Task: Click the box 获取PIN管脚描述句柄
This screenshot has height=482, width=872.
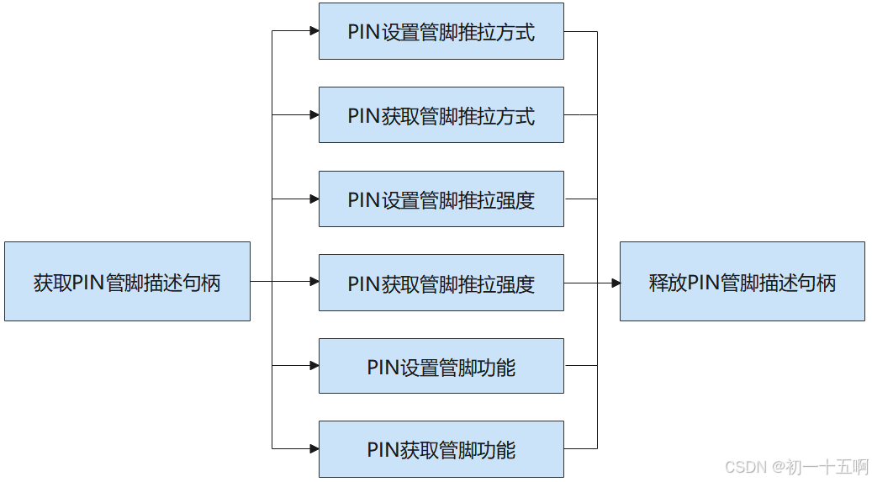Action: pyautogui.click(x=127, y=282)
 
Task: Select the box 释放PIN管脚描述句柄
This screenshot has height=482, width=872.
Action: pyautogui.click(x=742, y=282)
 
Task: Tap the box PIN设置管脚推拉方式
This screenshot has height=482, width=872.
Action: pyautogui.click(x=441, y=32)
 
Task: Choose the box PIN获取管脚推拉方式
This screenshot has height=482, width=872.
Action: pyautogui.click(x=441, y=115)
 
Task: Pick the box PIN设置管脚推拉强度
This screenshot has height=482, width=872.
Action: pyautogui.click(x=441, y=199)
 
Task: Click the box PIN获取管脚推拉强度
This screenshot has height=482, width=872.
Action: pyautogui.click(x=441, y=283)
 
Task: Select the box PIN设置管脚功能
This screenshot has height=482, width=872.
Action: pyautogui.click(x=441, y=366)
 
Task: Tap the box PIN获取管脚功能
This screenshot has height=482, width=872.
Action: pyautogui.click(x=441, y=449)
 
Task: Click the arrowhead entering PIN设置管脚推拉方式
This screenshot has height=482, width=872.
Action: pyautogui.click(x=314, y=32)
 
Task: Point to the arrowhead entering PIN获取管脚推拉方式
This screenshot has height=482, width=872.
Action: pyautogui.click(x=314, y=115)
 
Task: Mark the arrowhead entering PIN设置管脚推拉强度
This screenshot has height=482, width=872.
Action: pyautogui.click(x=314, y=199)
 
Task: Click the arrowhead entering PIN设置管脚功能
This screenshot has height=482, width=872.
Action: pyautogui.click(x=314, y=366)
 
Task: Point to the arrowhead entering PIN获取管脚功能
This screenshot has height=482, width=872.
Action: pyautogui.click(x=314, y=449)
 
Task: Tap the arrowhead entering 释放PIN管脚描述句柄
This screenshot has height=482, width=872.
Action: pyautogui.click(x=615, y=283)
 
